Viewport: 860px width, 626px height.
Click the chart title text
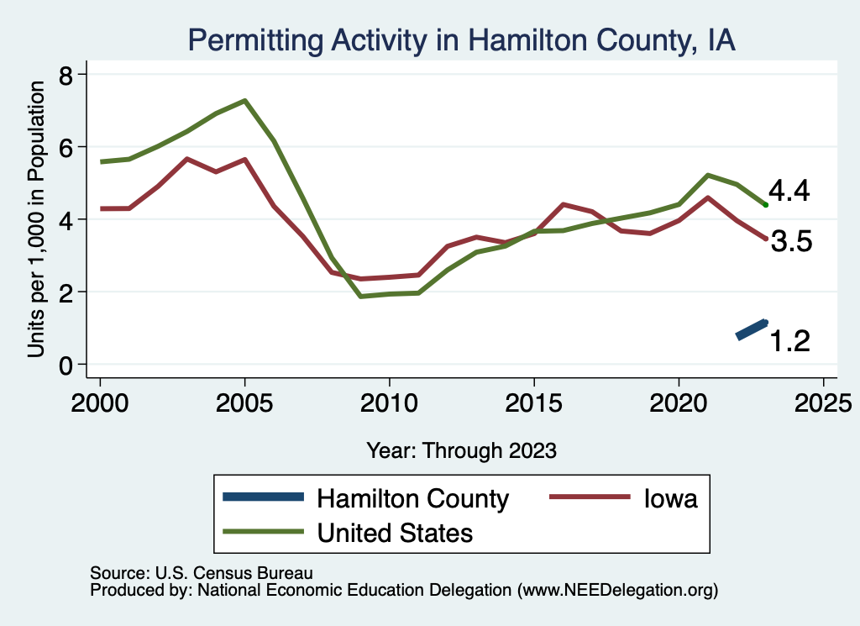[461, 40]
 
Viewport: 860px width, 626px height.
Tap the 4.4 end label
[789, 192]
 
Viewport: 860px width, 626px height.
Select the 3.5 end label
[790, 243]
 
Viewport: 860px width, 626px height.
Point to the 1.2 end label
[789, 340]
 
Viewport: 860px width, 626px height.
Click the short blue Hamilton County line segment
[752, 329]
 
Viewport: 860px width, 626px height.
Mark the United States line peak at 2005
[244, 101]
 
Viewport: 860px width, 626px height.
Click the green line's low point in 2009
[360, 296]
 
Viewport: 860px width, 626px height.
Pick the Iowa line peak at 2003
[186, 159]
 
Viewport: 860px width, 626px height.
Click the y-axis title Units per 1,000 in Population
[36, 220]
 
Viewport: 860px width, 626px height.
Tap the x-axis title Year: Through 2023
[461, 450]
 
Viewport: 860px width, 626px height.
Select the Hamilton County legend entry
[412, 498]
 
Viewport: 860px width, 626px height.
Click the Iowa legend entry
[670, 498]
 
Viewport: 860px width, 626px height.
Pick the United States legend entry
[394, 532]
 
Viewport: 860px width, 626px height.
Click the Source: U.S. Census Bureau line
[201, 573]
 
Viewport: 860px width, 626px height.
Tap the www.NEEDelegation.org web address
[618, 590]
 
